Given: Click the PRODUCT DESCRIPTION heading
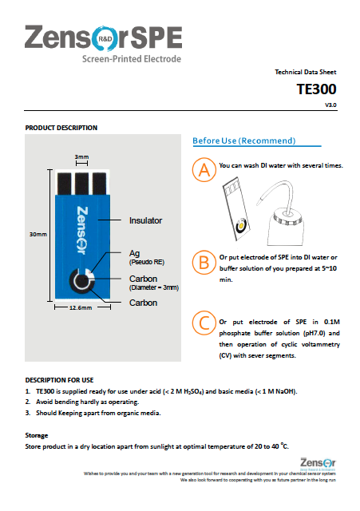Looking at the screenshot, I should (x=61, y=128).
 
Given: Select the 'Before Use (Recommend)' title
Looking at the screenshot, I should (x=244, y=141).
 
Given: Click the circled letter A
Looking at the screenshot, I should (x=205, y=170).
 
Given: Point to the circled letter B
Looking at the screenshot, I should (x=205, y=262).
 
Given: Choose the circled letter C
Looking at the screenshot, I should (x=205, y=323).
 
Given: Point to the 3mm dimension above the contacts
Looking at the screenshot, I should (x=81, y=156).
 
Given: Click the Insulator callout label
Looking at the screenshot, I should (x=146, y=220).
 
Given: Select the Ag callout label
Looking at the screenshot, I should (x=134, y=253).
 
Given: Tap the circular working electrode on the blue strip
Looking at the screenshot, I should (x=80, y=280).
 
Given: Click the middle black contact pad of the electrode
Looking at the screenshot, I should (x=81, y=182).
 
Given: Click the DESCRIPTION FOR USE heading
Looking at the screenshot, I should (x=59, y=379).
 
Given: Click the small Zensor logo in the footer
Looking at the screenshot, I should (x=318, y=461).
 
